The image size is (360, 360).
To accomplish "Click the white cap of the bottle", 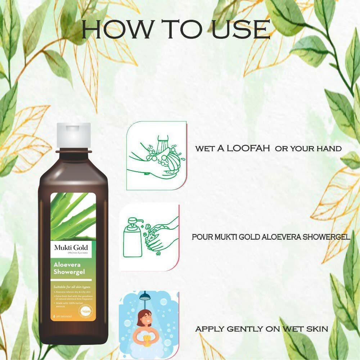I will click(73, 135).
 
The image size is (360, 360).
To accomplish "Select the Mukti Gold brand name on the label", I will click(71, 247).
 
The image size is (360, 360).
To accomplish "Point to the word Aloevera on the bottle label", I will click(65, 266).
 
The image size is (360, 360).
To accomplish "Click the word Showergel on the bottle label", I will click(69, 272).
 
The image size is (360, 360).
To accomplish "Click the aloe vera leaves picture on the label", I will click(73, 216).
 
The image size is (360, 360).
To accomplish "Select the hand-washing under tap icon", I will click(156, 156).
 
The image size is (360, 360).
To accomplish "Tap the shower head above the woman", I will click(145, 296).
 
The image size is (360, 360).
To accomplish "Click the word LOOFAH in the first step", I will click(248, 148).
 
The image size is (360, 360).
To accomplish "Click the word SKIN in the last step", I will click(316, 329).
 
